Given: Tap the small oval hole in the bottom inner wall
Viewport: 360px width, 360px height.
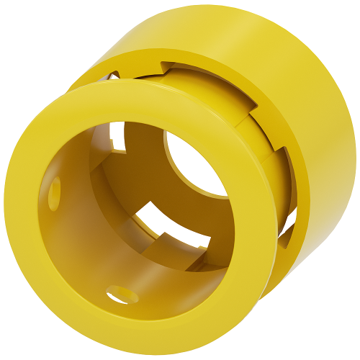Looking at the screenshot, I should coord(121,294).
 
